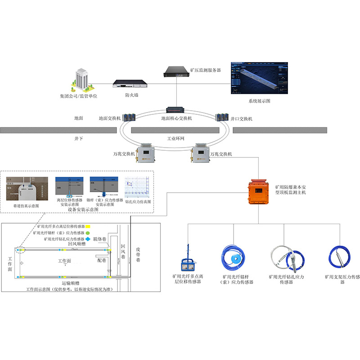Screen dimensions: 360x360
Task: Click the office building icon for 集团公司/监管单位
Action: click(81, 80)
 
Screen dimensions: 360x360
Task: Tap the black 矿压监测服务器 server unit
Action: click(176, 71)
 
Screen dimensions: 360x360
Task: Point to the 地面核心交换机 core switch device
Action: click(176, 110)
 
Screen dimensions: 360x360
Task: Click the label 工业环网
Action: click(176, 139)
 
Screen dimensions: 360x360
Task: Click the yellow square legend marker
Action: click(89, 226)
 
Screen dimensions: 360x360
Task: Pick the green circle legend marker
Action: click(89, 233)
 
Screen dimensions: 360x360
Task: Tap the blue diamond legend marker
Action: click(89, 239)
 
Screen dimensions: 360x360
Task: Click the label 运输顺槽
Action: click(71, 283)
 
